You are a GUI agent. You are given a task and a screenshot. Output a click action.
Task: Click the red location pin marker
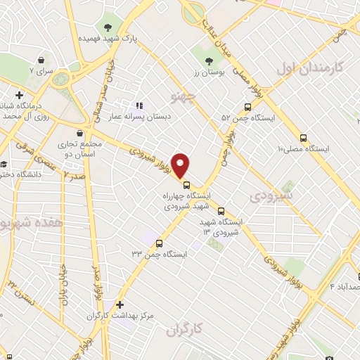pyautogui.click(x=181, y=165)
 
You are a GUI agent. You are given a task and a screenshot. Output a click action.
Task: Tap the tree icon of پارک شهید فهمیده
pyautogui.click(x=108, y=27)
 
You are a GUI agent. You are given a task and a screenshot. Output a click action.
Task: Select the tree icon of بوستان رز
pyautogui.click(x=208, y=62)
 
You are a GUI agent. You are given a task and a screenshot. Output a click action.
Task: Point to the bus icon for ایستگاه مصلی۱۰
pyautogui.click(x=304, y=138)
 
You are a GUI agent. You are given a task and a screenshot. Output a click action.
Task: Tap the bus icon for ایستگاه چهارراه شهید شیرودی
pyautogui.click(x=186, y=185)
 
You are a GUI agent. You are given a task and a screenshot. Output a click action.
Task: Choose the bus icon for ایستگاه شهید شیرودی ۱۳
pyautogui.click(x=221, y=210)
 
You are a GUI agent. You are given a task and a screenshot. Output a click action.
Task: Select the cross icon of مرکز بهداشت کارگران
pyautogui.click(x=120, y=305)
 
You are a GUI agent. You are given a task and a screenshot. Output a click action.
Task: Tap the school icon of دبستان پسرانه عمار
pyautogui.click(x=139, y=106)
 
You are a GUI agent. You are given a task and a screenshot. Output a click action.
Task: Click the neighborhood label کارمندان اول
pyautogui.click(x=309, y=68)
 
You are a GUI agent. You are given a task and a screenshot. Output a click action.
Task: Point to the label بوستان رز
pyautogui.click(x=207, y=73)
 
